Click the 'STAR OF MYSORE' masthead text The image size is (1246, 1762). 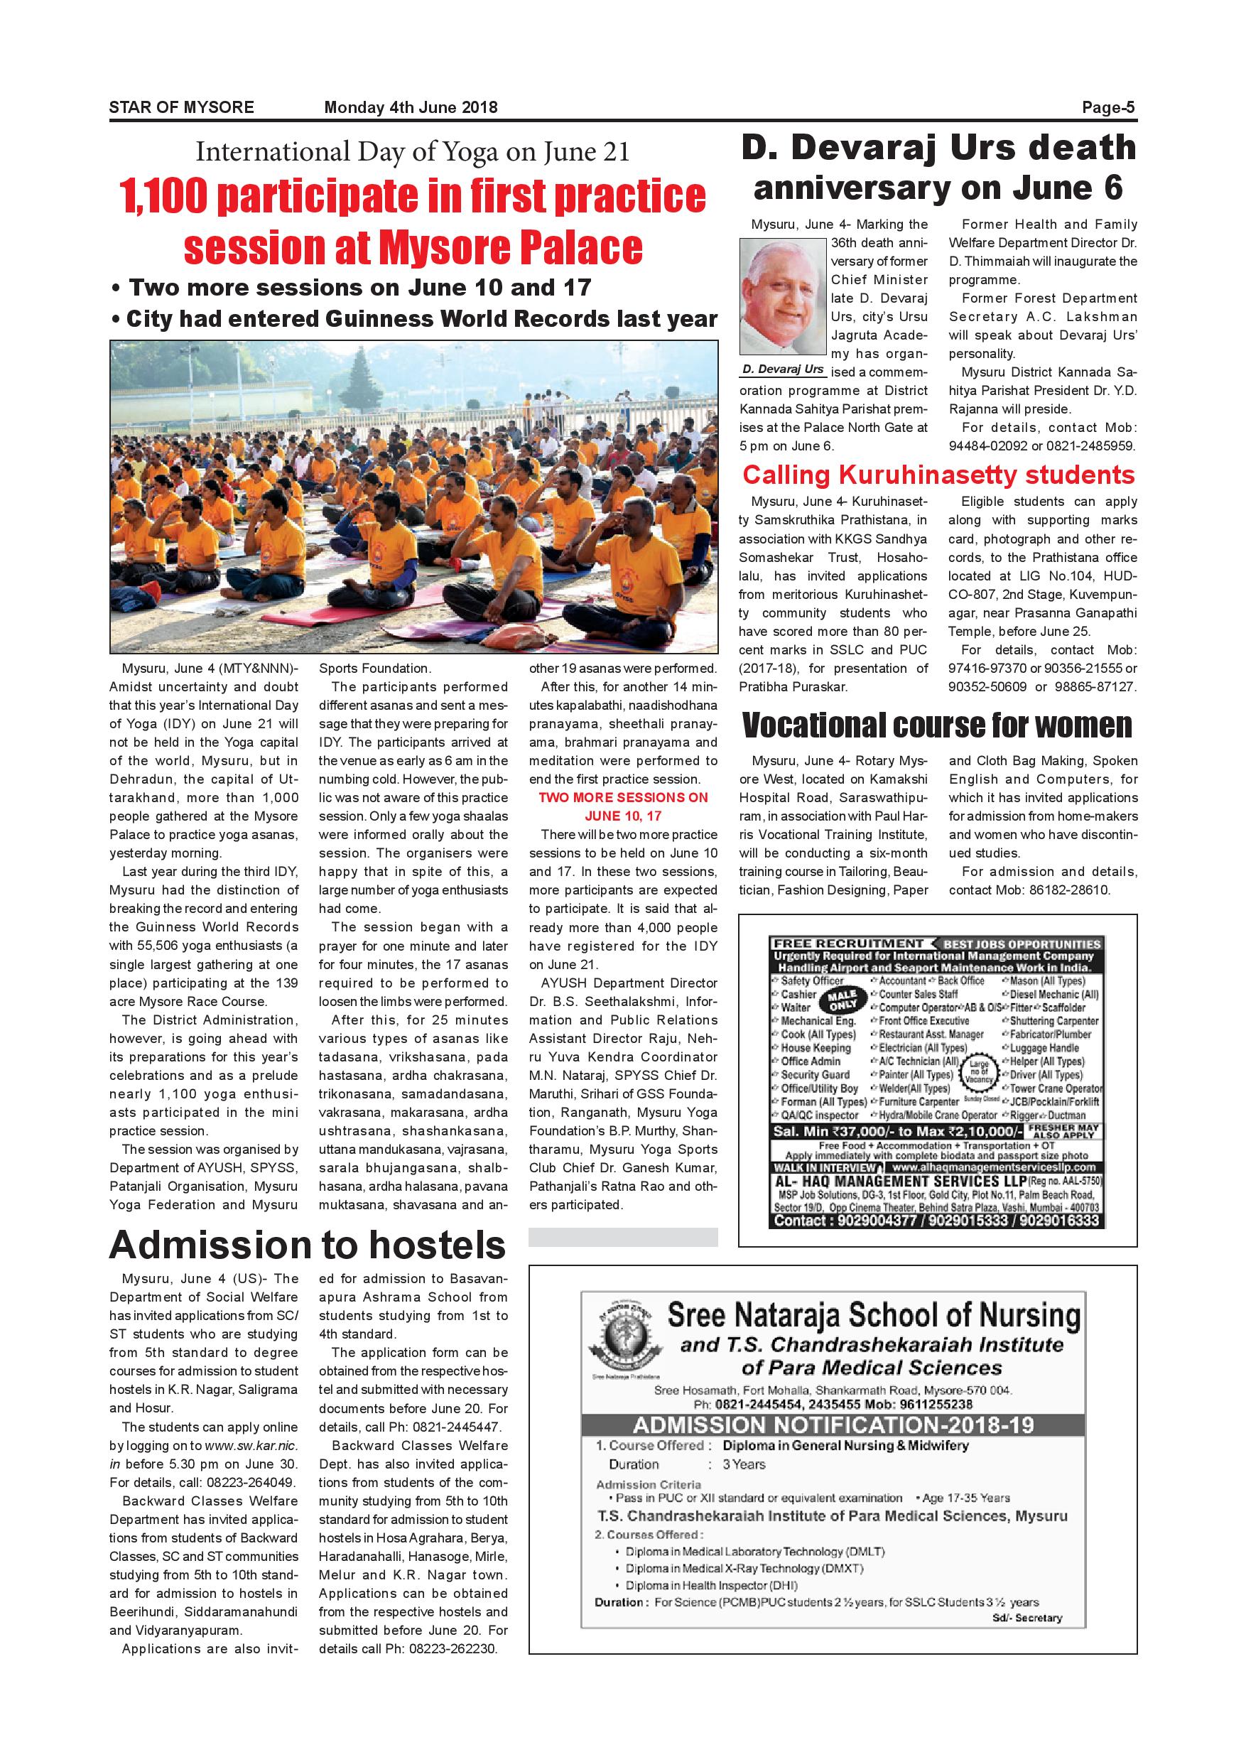[x=181, y=107]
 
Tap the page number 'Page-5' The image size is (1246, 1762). [x=1108, y=107]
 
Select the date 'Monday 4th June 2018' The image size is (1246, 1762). [x=411, y=107]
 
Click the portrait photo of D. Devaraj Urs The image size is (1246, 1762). [x=783, y=296]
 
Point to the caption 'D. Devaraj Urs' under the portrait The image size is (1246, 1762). [x=783, y=369]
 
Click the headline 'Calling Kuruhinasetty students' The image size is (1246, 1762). [x=938, y=475]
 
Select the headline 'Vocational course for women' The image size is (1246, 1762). [x=937, y=725]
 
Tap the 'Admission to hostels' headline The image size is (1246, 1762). [x=308, y=1245]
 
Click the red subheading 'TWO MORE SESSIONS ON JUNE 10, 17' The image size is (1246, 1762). [x=623, y=806]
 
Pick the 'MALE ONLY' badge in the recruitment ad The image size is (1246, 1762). [x=843, y=999]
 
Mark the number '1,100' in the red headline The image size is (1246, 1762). [x=163, y=197]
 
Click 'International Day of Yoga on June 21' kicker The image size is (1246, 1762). [x=412, y=152]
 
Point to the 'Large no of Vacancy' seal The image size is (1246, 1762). [x=979, y=1071]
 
